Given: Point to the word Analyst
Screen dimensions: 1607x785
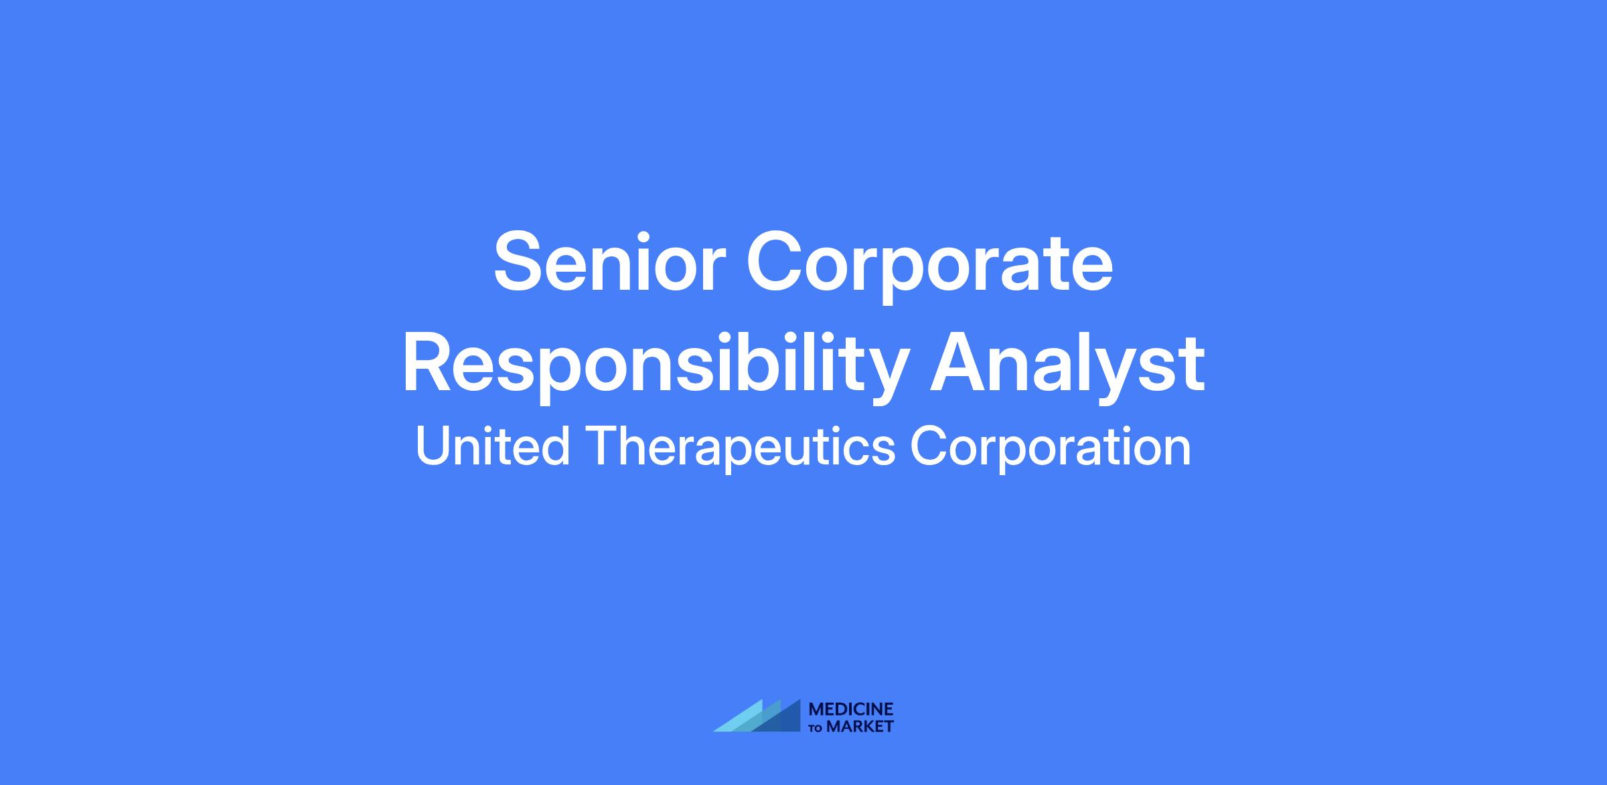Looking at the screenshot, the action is (x=1067, y=365).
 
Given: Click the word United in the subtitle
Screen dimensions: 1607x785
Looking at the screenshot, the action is (x=493, y=446).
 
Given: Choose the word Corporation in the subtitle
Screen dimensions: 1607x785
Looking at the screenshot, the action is (x=1051, y=448).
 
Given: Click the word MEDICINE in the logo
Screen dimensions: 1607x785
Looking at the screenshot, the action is (x=851, y=709).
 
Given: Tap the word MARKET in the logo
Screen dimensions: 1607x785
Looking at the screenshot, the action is (x=860, y=726).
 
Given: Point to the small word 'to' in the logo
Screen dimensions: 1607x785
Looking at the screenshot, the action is (x=817, y=727).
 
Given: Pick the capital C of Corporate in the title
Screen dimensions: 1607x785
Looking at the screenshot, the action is (x=777, y=261).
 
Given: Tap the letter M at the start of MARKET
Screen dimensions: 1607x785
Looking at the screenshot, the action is (x=834, y=726).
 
